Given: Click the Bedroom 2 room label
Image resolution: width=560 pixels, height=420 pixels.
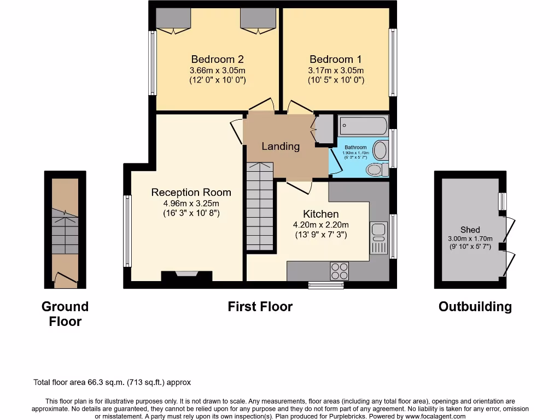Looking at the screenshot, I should click(x=217, y=59).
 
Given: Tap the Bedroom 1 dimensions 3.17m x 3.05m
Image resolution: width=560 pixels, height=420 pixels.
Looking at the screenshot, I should click(x=336, y=71).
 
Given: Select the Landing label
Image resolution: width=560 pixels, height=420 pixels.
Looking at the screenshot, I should click(x=280, y=146).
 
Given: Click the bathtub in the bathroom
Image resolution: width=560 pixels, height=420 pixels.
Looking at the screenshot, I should click(x=363, y=126).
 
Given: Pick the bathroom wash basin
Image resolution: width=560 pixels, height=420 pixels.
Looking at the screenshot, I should click(x=380, y=150).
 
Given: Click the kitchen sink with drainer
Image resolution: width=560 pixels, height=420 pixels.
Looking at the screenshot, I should click(x=378, y=238).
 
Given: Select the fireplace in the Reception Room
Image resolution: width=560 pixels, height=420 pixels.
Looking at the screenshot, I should click(x=186, y=275).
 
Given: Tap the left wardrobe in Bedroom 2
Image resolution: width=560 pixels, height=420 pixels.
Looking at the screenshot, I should click(x=174, y=20).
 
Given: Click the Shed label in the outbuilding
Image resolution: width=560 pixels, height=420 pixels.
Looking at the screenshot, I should click(x=470, y=230).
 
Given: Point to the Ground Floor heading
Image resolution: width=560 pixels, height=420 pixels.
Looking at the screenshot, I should click(x=65, y=314).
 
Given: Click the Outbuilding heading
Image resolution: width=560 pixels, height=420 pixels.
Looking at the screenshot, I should click(x=475, y=307).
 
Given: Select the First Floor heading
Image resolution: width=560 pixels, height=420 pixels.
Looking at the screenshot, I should click(x=260, y=307).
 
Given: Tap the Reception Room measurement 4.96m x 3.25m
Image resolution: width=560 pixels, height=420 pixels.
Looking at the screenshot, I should click(x=191, y=203).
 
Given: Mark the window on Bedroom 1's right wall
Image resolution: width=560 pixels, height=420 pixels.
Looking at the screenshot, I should click(x=393, y=62).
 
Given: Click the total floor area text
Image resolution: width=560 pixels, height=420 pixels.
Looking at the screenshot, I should click(x=112, y=383).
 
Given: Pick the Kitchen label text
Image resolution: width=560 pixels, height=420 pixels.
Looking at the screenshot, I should click(x=321, y=214).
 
